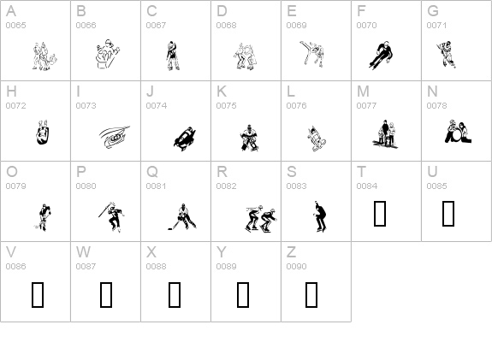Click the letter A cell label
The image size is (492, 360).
click(11, 12)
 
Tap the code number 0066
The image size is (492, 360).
click(86, 26)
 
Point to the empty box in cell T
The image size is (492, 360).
click(380, 215)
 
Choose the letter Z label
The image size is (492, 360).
click(291, 252)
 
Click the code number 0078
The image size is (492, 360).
click(436, 106)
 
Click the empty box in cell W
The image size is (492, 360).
click(106, 295)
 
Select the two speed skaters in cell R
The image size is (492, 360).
click(259, 219)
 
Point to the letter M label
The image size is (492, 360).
click(363, 91)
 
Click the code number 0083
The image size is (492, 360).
click(296, 186)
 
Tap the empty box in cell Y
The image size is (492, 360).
click(243, 295)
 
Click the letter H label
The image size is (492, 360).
click(11, 91)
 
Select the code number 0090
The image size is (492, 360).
click(296, 267)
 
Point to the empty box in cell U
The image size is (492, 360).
click(448, 215)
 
